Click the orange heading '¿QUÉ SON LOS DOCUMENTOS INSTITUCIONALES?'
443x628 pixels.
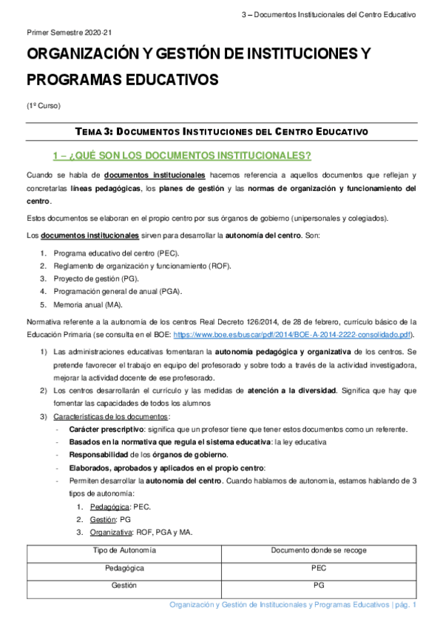coord(182,156)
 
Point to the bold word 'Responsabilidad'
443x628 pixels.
coord(100,455)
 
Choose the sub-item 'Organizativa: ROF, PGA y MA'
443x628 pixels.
coord(140,531)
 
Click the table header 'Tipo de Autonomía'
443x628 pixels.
coord(124,550)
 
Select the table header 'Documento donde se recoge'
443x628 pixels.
coord(319,550)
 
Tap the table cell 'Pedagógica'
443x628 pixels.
coord(124,567)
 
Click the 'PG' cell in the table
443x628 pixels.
coord(319,584)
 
